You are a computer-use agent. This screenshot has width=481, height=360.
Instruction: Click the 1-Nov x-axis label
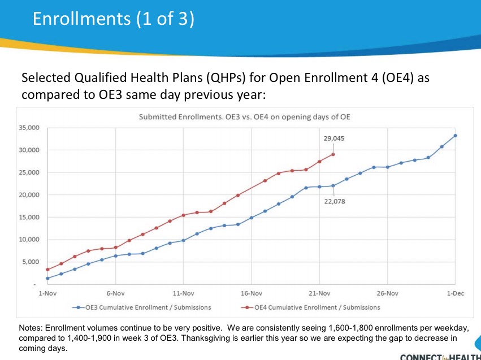point(47,294)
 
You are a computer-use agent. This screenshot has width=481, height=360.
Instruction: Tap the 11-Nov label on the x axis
point(183,294)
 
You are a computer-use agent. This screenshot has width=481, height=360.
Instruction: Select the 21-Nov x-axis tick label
point(319,294)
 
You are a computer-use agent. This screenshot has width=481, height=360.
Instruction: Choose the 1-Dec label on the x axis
point(456,294)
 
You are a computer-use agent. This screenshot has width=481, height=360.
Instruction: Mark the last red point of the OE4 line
point(333,154)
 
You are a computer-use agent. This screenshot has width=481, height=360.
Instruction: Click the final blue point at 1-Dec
point(456,136)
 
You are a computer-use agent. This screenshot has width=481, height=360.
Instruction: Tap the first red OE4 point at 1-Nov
point(47,270)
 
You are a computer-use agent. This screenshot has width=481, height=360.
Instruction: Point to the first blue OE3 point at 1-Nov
point(47,278)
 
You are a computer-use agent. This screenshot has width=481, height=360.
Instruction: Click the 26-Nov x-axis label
point(388,294)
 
